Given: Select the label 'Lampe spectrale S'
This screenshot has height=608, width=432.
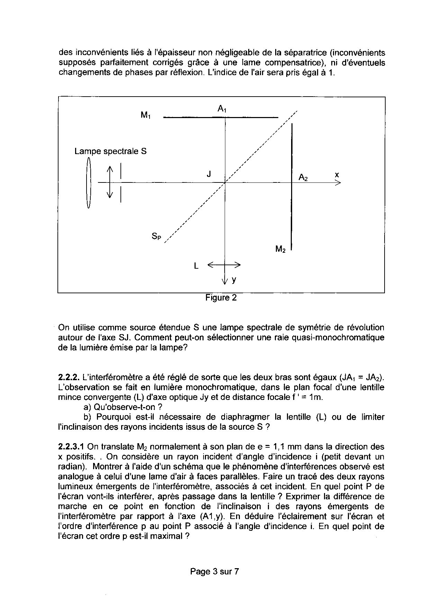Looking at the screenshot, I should coord(110,151).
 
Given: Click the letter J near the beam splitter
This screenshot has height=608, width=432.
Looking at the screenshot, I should coord(209,174).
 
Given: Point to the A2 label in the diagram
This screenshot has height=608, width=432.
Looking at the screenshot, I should coord(303,178).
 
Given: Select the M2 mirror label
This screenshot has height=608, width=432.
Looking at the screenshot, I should coord(280,249).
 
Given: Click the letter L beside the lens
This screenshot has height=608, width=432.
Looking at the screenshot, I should coord(196,266).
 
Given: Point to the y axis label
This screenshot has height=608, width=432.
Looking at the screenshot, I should coord(234,280).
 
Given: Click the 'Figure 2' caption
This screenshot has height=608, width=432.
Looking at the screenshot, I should coord(221,298).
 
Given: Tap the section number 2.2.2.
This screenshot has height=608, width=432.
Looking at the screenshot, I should coord(69,377).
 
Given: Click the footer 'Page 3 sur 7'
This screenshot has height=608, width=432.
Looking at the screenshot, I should coord(214,572).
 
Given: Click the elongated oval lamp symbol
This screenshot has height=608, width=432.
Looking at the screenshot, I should coord(89,182).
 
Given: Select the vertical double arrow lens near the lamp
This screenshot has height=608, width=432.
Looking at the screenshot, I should coord(110,182).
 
